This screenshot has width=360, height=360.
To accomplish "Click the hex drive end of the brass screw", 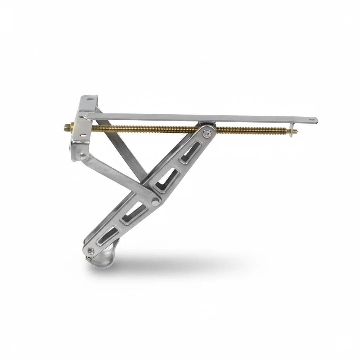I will [x=67, y=125].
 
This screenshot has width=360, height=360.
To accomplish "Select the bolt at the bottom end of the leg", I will [x=91, y=250].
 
